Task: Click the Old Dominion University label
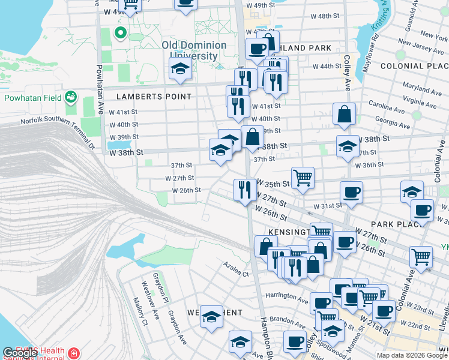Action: pyautogui.click(x=194, y=50)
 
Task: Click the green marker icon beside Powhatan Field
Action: pyautogui.click(x=71, y=97)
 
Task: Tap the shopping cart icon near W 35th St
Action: pyautogui.click(x=303, y=178)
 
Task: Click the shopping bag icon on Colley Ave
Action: pyautogui.click(x=344, y=115)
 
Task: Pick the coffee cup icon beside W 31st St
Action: pyautogui.click(x=351, y=193)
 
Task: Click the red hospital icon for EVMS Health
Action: pyautogui.click(x=74, y=352)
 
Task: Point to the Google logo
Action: pyautogui.click(x=20, y=353)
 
